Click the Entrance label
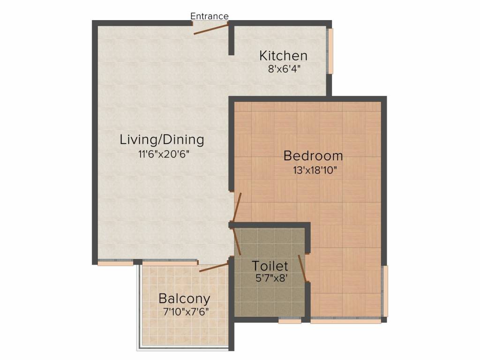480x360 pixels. pyautogui.click(x=210, y=16)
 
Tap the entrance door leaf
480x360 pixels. pyautogui.click(x=211, y=30)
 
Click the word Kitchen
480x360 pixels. pyautogui.click(x=283, y=56)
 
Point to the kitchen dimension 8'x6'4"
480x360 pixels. pyautogui.click(x=284, y=69)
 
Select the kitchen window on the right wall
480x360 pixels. pyautogui.click(x=330, y=51)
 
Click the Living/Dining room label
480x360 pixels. pyautogui.click(x=162, y=140)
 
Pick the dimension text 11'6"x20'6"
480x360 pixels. pyautogui.click(x=164, y=154)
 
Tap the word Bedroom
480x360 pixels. pyautogui.click(x=313, y=156)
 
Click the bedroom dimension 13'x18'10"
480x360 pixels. pyautogui.click(x=315, y=170)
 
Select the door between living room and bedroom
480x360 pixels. pyautogui.click(x=237, y=207)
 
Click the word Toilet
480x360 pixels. pyautogui.click(x=270, y=266)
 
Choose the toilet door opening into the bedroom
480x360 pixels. pyautogui.click(x=302, y=268)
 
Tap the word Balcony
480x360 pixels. pyautogui.click(x=184, y=299)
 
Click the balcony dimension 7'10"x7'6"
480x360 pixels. pyautogui.click(x=186, y=312)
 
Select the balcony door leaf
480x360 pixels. pyautogui.click(x=214, y=267)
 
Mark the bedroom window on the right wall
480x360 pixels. pyautogui.click(x=385, y=291)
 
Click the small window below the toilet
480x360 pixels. pyautogui.click(x=290, y=321)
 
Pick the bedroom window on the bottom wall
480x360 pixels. pyautogui.click(x=346, y=321)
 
